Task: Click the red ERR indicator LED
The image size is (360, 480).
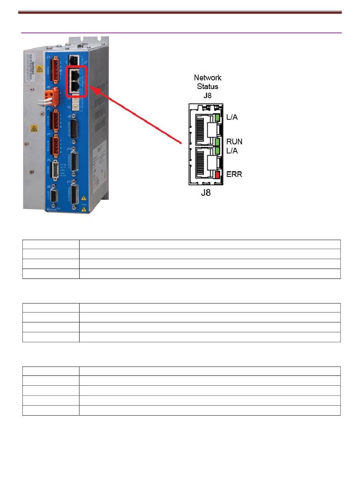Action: coord(217,175)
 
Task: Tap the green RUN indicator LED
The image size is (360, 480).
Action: coord(218,142)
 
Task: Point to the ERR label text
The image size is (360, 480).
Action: coord(234,175)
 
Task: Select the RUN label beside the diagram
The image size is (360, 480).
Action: coord(234,142)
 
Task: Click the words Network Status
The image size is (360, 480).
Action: coord(208,82)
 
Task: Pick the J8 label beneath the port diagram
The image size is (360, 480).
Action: coord(206,193)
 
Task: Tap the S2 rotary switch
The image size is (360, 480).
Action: coord(75,107)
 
